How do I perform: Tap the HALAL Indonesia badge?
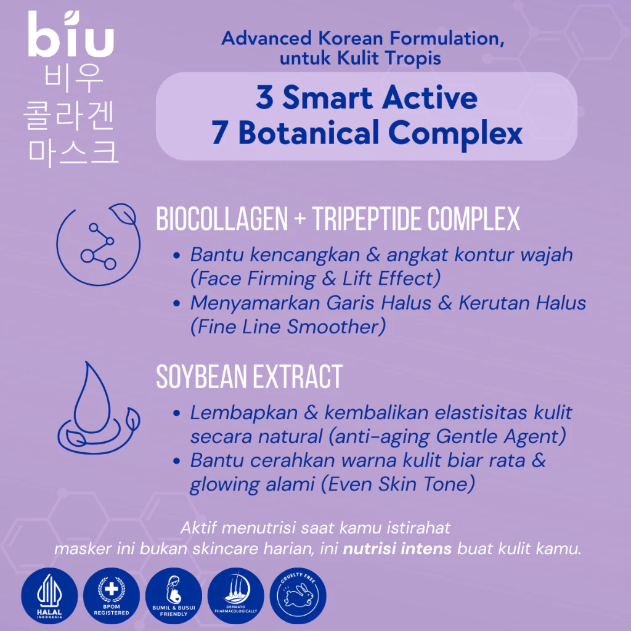(49, 597)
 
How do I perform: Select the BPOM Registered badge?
(112, 597)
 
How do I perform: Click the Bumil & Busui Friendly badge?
(174, 597)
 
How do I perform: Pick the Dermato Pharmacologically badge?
(237, 597)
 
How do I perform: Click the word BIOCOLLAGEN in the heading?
(222, 219)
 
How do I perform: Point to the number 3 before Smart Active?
(264, 98)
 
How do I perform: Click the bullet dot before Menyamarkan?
(177, 303)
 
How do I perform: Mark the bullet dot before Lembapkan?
(177, 413)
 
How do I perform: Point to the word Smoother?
(343, 327)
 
